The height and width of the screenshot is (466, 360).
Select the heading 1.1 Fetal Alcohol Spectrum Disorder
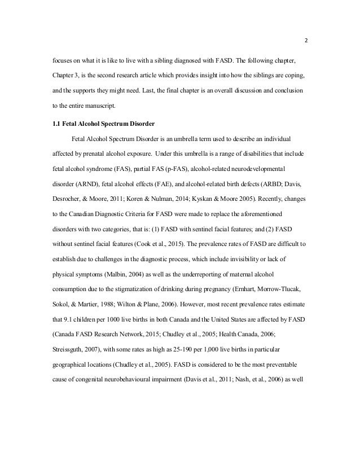(x=103, y=124)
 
